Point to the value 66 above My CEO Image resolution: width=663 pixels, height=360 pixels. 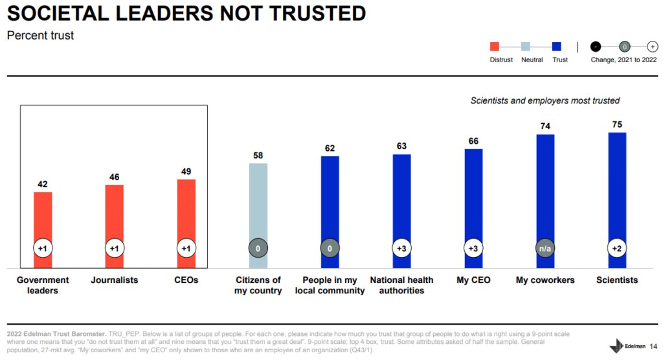pyautogui.click(x=473, y=141)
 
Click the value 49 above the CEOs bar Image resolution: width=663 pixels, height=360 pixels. pyautogui.click(x=186, y=172)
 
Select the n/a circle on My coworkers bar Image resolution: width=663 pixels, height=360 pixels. pyautogui.click(x=545, y=248)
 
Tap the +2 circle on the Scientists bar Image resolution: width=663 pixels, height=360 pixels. pyautogui.click(x=617, y=248)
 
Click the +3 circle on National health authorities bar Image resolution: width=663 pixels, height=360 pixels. pyautogui.click(x=401, y=248)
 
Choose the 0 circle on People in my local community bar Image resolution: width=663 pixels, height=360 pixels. pyautogui.click(x=330, y=248)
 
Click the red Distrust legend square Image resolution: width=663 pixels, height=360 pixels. pyautogui.click(x=495, y=47)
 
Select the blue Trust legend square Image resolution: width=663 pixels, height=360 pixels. pyautogui.click(x=556, y=47)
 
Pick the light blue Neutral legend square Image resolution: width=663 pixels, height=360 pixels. pyautogui.click(x=526, y=47)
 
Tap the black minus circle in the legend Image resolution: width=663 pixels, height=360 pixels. pyautogui.click(x=596, y=47)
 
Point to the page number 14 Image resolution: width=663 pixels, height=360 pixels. pyautogui.click(x=653, y=346)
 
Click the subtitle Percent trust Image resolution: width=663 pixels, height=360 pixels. pyautogui.click(x=40, y=36)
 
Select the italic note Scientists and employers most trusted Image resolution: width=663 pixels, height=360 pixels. pyautogui.click(x=545, y=100)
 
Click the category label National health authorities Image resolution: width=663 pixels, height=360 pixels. pyautogui.click(x=401, y=285)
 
